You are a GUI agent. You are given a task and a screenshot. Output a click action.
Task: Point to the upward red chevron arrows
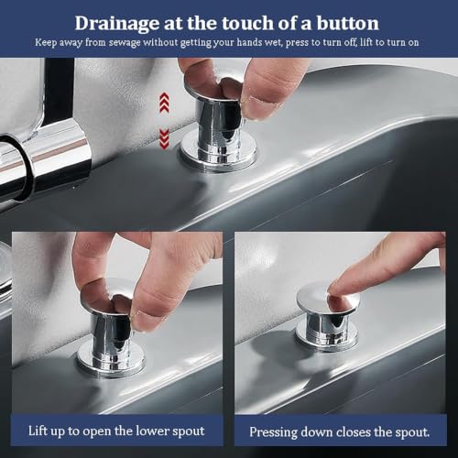point(164,102)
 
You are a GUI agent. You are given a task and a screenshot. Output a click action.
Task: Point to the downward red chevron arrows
point(164,139)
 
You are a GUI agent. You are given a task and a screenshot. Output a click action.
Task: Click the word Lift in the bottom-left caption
point(38,431)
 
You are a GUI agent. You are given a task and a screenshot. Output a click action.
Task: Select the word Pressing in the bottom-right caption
point(273,433)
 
